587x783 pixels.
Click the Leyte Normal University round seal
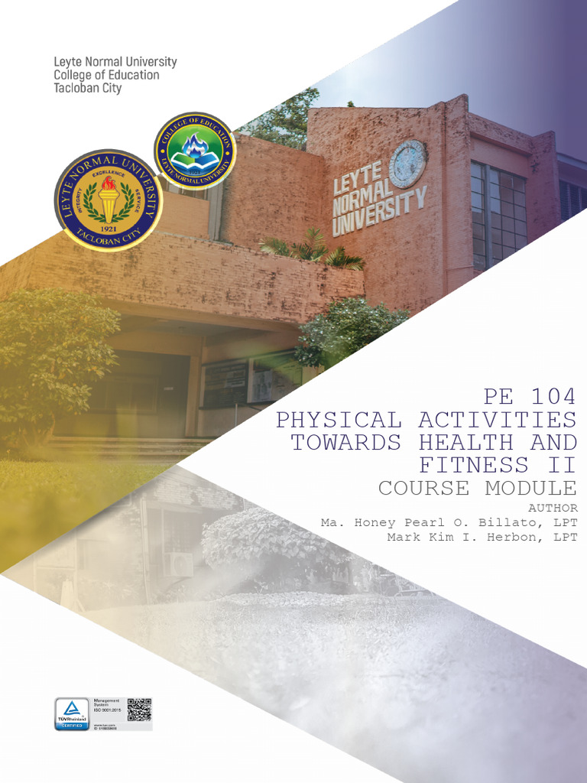[x=109, y=200]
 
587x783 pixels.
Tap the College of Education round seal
[x=195, y=151]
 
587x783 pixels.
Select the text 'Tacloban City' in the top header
[x=87, y=88]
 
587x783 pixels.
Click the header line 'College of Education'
[x=106, y=75]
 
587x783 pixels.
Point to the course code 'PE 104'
[x=530, y=397]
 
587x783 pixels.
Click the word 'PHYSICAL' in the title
[x=338, y=420]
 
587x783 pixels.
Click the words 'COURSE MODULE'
[x=477, y=488]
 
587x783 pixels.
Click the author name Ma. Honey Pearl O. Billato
[x=449, y=522]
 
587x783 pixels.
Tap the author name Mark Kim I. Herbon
[x=482, y=537]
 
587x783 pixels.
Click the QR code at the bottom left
[x=139, y=709]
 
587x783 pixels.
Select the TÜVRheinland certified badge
[x=72, y=713]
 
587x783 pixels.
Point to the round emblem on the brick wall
[x=407, y=164]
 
